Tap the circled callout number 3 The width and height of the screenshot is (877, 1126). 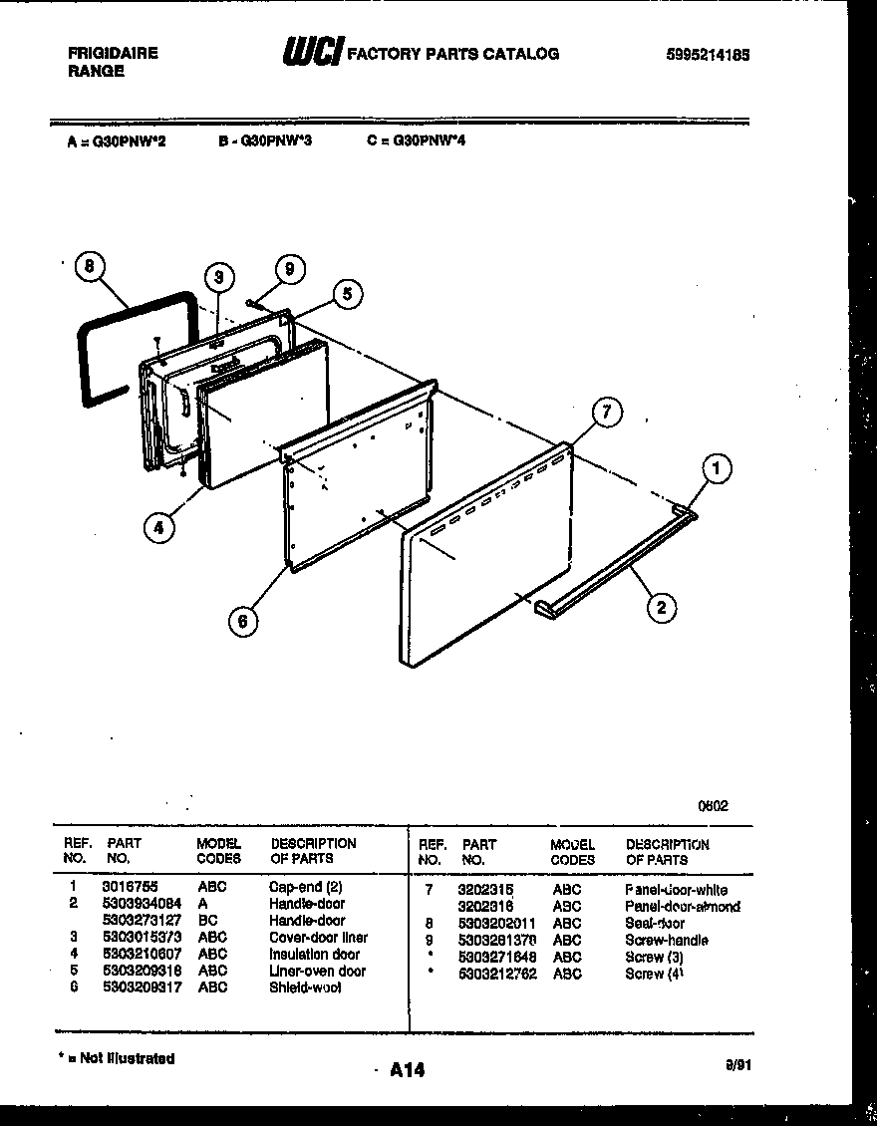[x=218, y=279]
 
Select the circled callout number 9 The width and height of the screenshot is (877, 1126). [x=289, y=268]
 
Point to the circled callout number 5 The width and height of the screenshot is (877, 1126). [x=347, y=294]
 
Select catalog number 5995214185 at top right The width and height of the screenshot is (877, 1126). [x=708, y=56]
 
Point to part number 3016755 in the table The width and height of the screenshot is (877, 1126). [x=130, y=885]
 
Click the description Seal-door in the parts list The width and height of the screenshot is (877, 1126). [x=656, y=923]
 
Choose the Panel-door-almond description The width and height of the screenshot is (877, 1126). [x=682, y=906]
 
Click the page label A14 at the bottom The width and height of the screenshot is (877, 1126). [x=407, y=1070]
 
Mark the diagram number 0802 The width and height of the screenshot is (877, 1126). [x=713, y=806]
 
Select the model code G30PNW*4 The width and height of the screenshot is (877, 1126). [x=416, y=141]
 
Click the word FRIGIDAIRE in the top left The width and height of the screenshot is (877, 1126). [x=113, y=54]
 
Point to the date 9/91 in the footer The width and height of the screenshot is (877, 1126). [x=737, y=1064]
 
